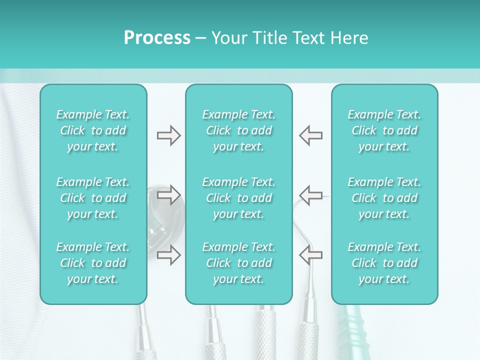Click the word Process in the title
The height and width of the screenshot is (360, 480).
click(157, 38)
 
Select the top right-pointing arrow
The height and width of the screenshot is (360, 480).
click(168, 135)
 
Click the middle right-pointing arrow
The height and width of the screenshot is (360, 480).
click(168, 194)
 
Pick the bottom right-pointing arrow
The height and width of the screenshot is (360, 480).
click(168, 255)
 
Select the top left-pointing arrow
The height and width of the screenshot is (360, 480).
click(310, 135)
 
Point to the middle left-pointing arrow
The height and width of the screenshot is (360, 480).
click(310, 194)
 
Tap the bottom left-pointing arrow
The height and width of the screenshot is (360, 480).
click(310, 255)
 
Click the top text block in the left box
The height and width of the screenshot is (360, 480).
click(93, 130)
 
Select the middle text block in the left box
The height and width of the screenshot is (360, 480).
click(93, 198)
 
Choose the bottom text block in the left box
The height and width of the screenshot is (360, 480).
click(93, 263)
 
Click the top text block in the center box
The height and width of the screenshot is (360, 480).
click(238, 130)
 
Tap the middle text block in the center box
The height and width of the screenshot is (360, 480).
click(238, 198)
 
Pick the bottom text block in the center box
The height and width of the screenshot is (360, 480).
click(238, 263)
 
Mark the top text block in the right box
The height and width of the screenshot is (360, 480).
click(384, 130)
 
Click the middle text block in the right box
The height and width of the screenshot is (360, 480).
click(384, 198)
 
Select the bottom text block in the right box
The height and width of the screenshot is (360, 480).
click(384, 263)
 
